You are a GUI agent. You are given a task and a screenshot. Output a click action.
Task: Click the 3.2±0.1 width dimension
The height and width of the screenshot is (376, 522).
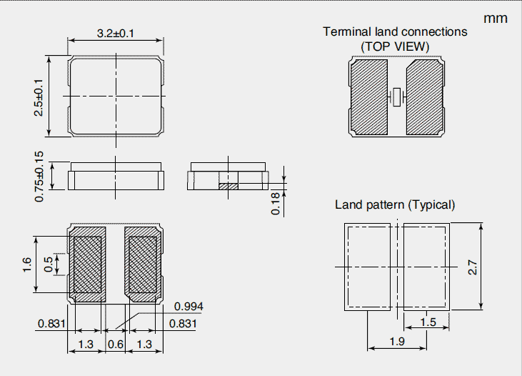[x=116, y=33]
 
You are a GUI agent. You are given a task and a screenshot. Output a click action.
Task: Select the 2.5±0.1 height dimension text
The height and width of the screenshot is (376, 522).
[x=39, y=96]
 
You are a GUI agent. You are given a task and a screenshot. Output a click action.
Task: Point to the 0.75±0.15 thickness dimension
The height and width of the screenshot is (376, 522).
[x=40, y=176]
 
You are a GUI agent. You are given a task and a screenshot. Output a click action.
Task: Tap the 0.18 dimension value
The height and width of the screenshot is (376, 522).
[x=276, y=203]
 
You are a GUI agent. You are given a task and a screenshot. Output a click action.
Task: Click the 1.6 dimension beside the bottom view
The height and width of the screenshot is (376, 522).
[x=26, y=264]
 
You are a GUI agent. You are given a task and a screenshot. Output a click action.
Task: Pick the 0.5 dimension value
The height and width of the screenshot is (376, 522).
[x=49, y=264]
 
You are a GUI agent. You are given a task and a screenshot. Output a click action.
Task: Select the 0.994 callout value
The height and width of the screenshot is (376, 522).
[x=189, y=307]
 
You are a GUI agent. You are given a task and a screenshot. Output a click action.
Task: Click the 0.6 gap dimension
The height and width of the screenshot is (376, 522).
[x=115, y=345]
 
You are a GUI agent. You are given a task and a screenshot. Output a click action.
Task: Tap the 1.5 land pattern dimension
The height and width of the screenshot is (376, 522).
[x=428, y=322]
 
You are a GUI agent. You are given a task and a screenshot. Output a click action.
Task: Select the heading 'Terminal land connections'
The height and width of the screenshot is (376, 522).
[x=395, y=31]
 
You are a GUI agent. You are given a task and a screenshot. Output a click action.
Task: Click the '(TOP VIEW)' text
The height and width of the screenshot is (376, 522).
[x=395, y=46]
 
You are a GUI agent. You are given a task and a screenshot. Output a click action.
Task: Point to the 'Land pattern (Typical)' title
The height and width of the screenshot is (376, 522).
[x=395, y=204]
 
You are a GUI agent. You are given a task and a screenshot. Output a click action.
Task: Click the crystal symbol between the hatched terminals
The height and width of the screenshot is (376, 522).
[x=397, y=97]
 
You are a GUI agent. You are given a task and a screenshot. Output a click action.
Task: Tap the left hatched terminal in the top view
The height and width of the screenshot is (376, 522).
[x=369, y=97]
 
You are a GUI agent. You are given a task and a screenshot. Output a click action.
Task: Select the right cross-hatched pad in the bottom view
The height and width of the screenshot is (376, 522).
[x=143, y=264]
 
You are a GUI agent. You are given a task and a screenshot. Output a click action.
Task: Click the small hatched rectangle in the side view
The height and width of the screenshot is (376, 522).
[x=226, y=186]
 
